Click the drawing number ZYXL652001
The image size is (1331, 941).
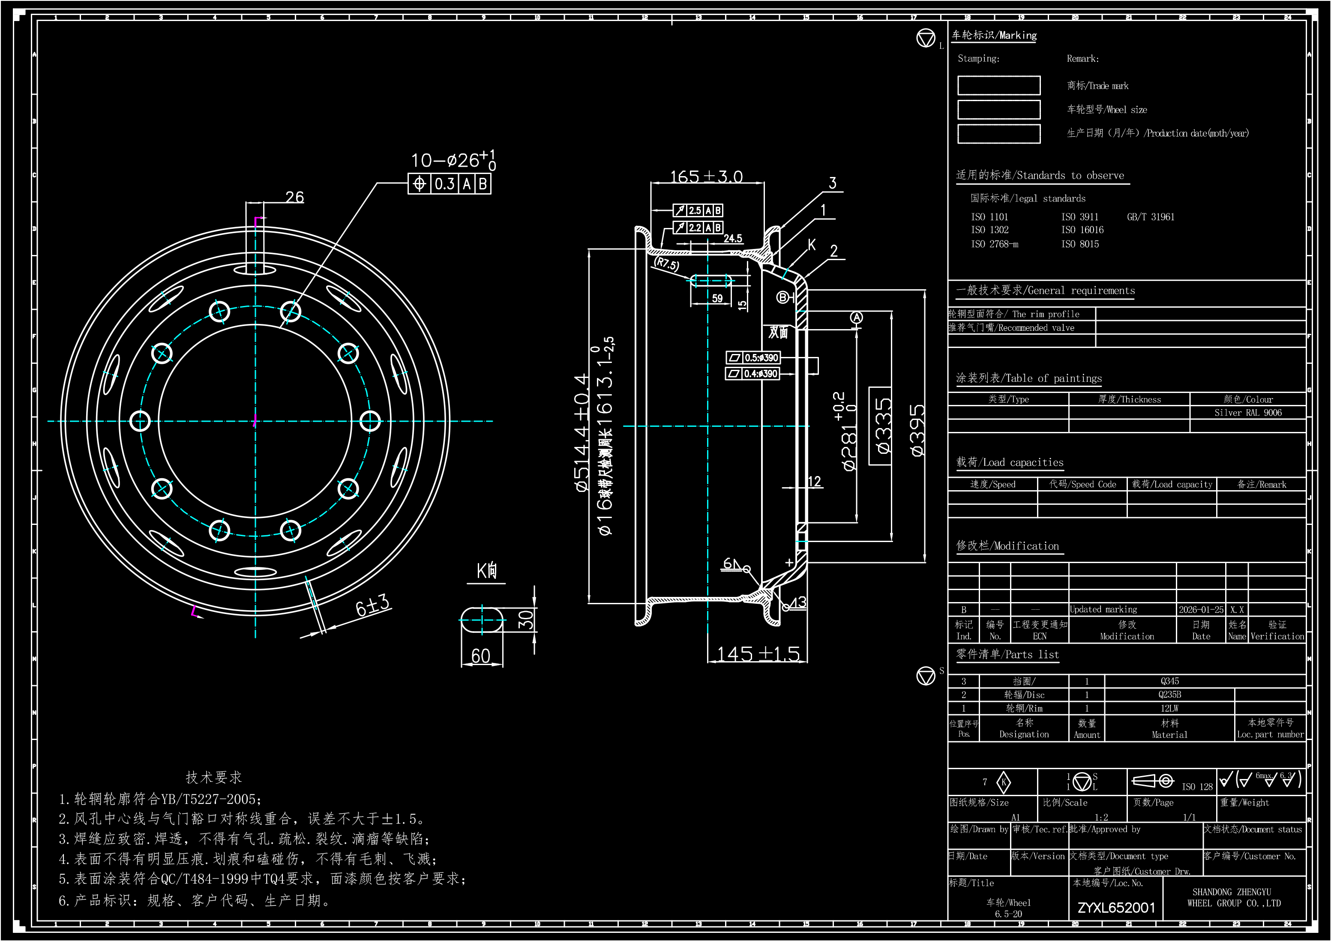coord(1116,908)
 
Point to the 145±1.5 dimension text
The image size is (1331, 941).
coord(758,654)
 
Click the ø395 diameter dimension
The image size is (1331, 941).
coord(917,430)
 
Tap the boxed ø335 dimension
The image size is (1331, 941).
coord(881,426)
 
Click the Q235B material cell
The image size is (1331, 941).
coord(1169,695)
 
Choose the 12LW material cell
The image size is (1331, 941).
coord(1169,708)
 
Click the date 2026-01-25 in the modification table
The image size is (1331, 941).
coord(1201,609)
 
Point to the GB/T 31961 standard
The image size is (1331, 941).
coord(1150,217)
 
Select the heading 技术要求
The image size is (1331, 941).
coord(213,777)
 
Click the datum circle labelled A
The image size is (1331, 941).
coord(856,318)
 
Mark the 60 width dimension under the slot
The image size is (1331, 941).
coord(480,656)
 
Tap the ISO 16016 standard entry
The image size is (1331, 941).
coord(1082,230)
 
